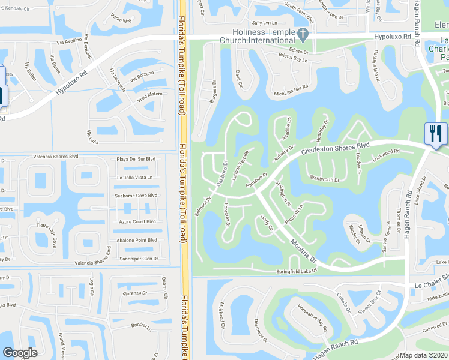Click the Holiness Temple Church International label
click(x=257, y=36)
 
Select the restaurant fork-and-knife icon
click(x=435, y=133)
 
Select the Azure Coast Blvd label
click(x=137, y=221)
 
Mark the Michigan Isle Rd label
click(x=291, y=89)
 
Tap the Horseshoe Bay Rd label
click(x=312, y=318)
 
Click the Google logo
click(x=20, y=353)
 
